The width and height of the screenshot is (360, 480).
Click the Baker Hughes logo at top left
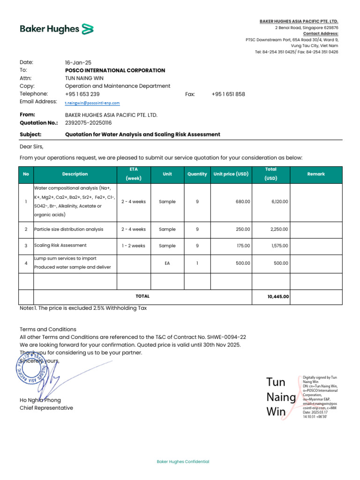click(x=57, y=29)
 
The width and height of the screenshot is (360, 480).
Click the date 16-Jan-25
click(x=78, y=62)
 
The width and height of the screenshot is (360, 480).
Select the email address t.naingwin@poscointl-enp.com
click(x=92, y=103)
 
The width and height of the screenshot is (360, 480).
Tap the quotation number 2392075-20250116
click(x=88, y=123)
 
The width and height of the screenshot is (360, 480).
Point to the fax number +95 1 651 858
click(x=228, y=94)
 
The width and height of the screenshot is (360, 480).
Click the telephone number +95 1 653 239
click(x=82, y=94)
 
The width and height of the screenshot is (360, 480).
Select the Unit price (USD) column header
click(x=231, y=174)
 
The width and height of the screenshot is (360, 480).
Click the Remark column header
click(x=315, y=174)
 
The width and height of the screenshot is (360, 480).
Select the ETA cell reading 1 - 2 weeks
click(x=133, y=246)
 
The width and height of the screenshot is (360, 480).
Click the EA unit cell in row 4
click(x=167, y=263)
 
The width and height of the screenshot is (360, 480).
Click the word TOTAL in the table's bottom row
click(x=142, y=296)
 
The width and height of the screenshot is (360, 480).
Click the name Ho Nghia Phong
click(x=40, y=400)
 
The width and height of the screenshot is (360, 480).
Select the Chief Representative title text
click(x=46, y=408)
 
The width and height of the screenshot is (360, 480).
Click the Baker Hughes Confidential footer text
click(x=183, y=462)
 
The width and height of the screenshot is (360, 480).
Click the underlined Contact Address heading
click(x=321, y=34)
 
